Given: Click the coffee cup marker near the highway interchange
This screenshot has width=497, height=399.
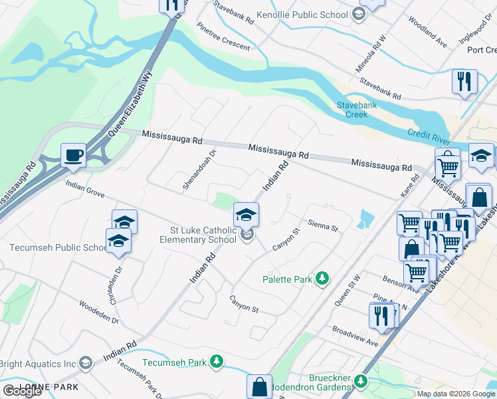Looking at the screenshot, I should pyautogui.click(x=73, y=156).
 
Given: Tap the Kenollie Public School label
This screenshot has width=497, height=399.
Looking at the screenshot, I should pyautogui.click(x=311, y=15).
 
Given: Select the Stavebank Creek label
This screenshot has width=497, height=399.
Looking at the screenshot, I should pyautogui.click(x=351, y=110).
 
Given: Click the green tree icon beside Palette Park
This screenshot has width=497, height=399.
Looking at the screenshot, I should pyautogui.click(x=322, y=278).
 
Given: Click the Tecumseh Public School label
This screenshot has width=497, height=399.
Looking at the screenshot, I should pyautogui.click(x=57, y=248).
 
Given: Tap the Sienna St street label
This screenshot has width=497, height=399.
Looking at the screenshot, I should pyautogui.click(x=323, y=226).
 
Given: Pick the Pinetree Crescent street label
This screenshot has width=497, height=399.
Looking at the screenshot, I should pyautogui.click(x=223, y=38).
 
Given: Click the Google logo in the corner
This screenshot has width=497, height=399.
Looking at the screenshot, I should pyautogui.click(x=22, y=391).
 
